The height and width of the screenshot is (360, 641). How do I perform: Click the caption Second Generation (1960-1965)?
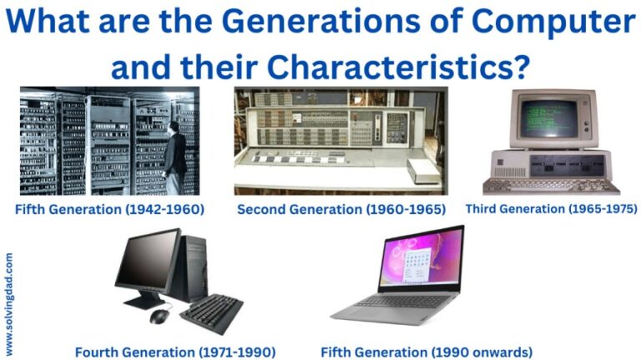coord(341,209)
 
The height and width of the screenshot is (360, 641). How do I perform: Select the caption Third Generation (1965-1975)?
coord(551,208)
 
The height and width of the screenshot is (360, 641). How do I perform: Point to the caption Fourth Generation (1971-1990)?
coord(175,352)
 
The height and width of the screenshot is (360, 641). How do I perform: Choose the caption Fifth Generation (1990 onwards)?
coord(426,352)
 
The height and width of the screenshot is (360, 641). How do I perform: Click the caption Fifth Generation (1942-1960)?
coord(109,209)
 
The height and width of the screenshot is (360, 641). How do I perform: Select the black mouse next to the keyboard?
coord(159,316)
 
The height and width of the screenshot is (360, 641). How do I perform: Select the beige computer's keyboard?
coord(551,185)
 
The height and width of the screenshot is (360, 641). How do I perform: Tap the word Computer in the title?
coord(555,22)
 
